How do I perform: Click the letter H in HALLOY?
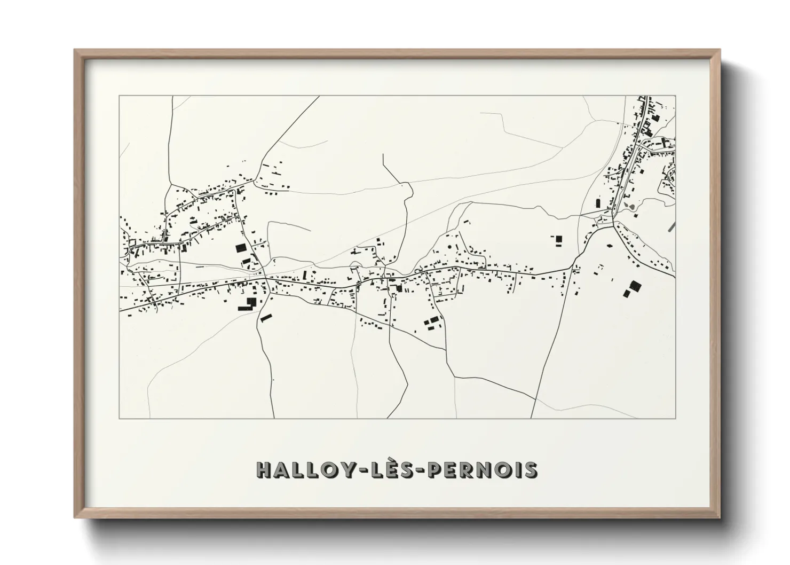[266, 469]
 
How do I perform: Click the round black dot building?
[449, 247]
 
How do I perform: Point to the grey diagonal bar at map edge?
[671, 226]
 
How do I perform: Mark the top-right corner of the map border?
[675, 96]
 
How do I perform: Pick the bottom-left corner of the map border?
[120, 418]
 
